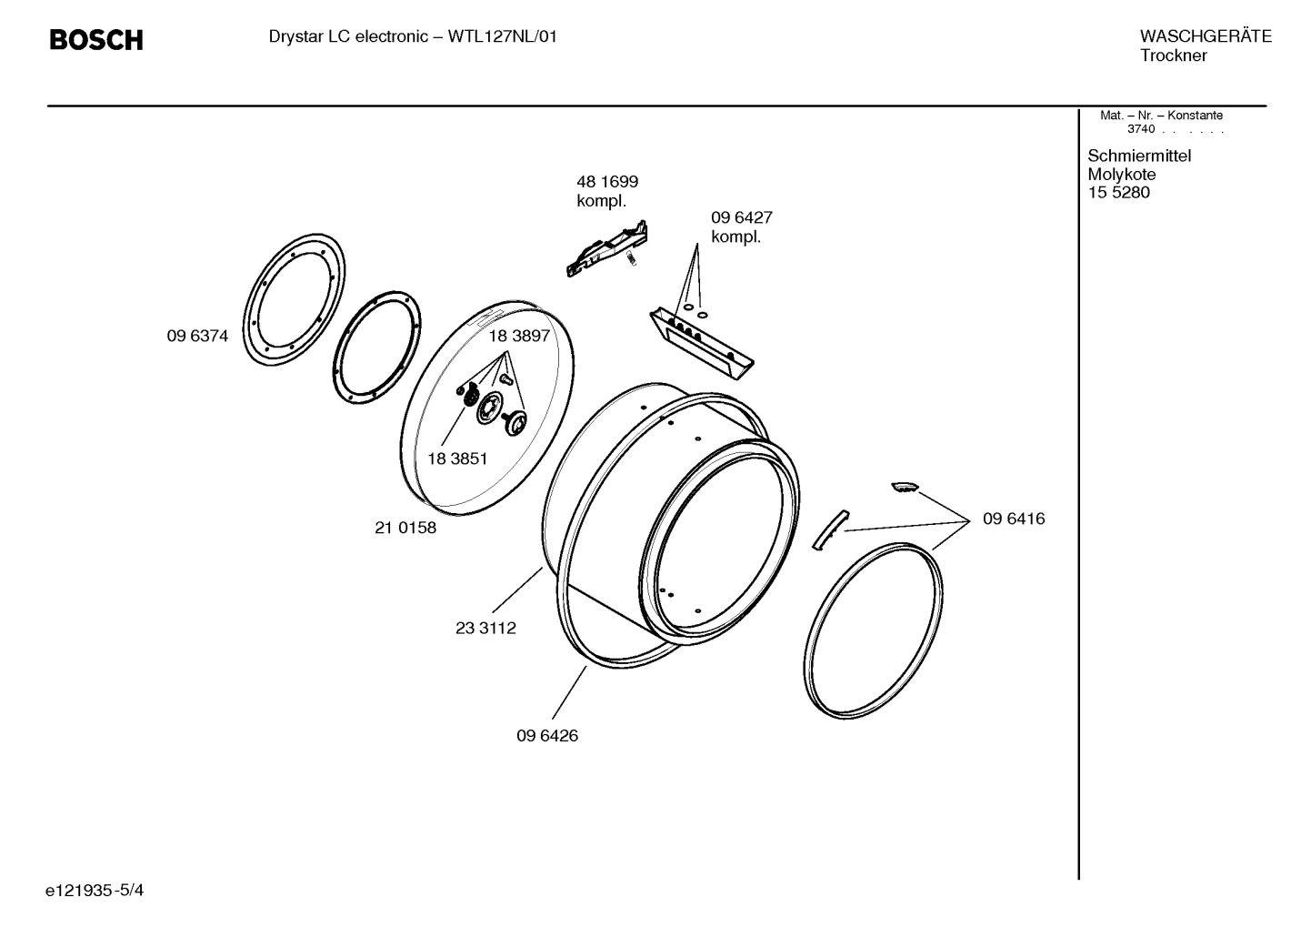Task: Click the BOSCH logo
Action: (x=95, y=40)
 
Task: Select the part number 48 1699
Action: (x=606, y=182)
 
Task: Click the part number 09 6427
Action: (x=741, y=218)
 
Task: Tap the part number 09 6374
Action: (x=197, y=337)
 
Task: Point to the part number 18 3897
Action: (x=519, y=336)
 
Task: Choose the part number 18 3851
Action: (x=457, y=459)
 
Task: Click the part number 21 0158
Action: (x=405, y=528)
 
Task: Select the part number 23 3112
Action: (x=485, y=628)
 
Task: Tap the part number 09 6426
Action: (x=547, y=736)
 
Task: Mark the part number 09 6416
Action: (x=1014, y=519)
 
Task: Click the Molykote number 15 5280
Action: (x=1118, y=193)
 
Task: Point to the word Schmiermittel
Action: (x=1139, y=156)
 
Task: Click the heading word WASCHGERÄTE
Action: (x=1206, y=37)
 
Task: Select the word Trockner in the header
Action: (x=1174, y=56)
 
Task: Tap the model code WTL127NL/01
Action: (x=503, y=37)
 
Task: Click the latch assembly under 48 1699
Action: (x=607, y=248)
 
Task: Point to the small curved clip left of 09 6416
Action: (x=828, y=529)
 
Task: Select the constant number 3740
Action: (x=1141, y=129)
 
